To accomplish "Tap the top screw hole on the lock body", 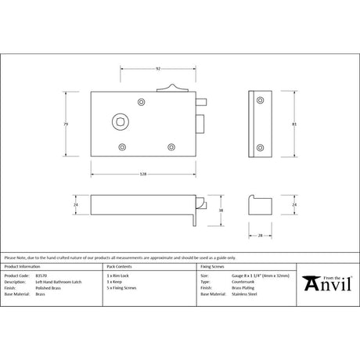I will [x=142, y=103].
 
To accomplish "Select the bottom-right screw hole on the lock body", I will [x=173, y=146].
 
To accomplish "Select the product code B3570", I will [x=41, y=276].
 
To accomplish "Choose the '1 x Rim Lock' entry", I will [x=119, y=276].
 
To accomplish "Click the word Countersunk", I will [x=241, y=282].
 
